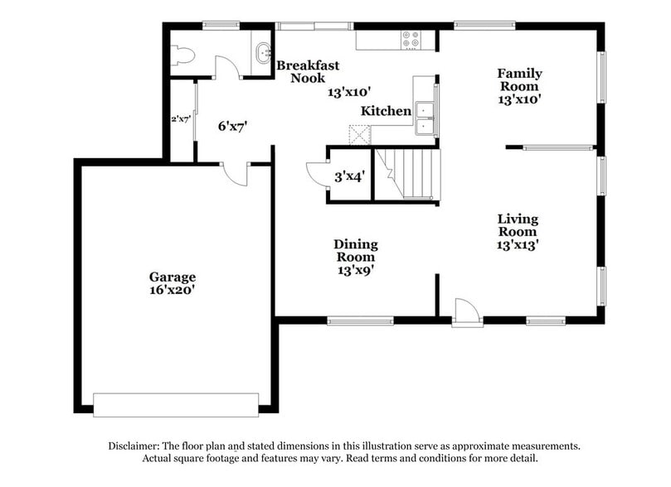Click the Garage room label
click(173, 277)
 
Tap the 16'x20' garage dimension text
click(173, 291)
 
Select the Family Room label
click(518, 80)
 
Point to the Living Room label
click(518, 225)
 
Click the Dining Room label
click(356, 250)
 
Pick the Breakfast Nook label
click(308, 71)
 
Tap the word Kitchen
click(386, 111)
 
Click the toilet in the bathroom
click(184, 55)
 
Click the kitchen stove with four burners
click(411, 38)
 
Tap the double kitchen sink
click(425, 118)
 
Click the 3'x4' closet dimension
click(350, 176)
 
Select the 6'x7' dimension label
click(233, 126)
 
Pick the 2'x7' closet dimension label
click(181, 119)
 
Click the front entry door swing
click(465, 313)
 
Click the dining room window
click(360, 321)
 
